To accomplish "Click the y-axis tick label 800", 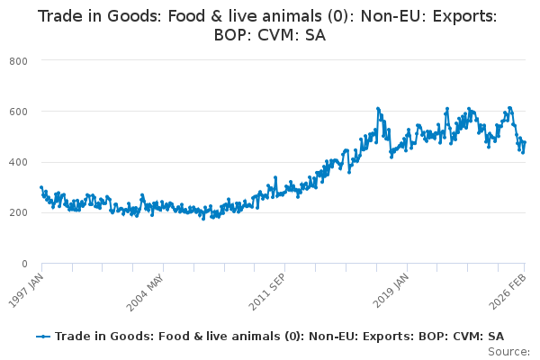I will (x=18, y=60).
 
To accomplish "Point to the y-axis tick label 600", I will (x=18, y=112).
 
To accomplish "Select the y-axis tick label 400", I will (x=18, y=162).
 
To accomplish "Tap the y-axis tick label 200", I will (x=18, y=213).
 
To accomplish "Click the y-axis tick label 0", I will (x=24, y=264).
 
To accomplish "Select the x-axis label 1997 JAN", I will (x=29, y=288).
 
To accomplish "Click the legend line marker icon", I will (x=42, y=337).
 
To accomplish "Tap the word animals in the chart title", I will (x=274, y=15).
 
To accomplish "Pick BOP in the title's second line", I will (x=232, y=36).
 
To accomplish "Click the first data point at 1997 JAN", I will (x=41, y=187).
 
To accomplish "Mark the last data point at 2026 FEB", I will (x=525, y=142).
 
